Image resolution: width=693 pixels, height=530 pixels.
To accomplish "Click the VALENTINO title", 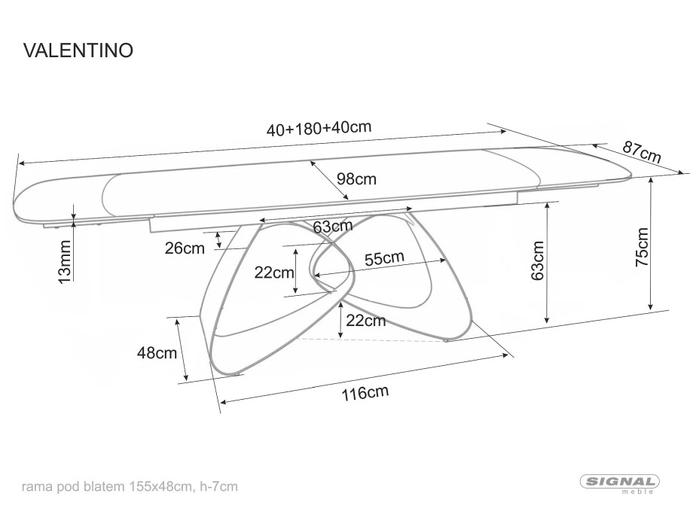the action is pyautogui.click(x=78, y=50).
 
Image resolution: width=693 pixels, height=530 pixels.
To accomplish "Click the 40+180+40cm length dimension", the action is pyautogui.click(x=319, y=128).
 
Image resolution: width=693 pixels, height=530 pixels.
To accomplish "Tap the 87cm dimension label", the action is pyautogui.click(x=641, y=151).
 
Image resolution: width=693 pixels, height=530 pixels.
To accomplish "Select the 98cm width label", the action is pyautogui.click(x=356, y=179).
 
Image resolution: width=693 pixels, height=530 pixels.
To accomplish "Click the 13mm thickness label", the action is pyautogui.click(x=65, y=261).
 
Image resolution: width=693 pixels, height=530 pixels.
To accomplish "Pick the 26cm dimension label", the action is pyautogui.click(x=185, y=248).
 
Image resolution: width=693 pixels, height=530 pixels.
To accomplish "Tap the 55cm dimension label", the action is pyautogui.click(x=384, y=258).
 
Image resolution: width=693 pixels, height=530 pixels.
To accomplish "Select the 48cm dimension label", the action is pyautogui.click(x=157, y=353).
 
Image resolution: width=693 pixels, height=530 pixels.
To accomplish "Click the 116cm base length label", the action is pyautogui.click(x=365, y=392).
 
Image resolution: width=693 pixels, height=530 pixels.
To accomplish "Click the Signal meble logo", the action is pyautogui.click(x=620, y=483).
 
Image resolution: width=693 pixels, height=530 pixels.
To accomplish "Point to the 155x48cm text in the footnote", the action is pyautogui.click(x=161, y=486).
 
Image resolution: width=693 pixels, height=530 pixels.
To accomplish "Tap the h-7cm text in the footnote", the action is pyautogui.click(x=219, y=486).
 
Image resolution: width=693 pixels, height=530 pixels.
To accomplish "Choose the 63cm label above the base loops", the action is pyautogui.click(x=333, y=226).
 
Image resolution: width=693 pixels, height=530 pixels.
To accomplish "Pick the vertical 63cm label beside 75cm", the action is pyautogui.click(x=537, y=260).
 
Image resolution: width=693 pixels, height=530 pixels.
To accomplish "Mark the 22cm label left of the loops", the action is pyautogui.click(x=274, y=273).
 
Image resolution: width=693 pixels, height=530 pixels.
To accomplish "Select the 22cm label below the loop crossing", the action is pyautogui.click(x=365, y=321).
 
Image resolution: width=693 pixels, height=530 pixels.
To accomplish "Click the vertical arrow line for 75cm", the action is pyautogui.click(x=651, y=243).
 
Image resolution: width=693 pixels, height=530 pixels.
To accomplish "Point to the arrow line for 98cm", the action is pyautogui.click(x=329, y=180).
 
